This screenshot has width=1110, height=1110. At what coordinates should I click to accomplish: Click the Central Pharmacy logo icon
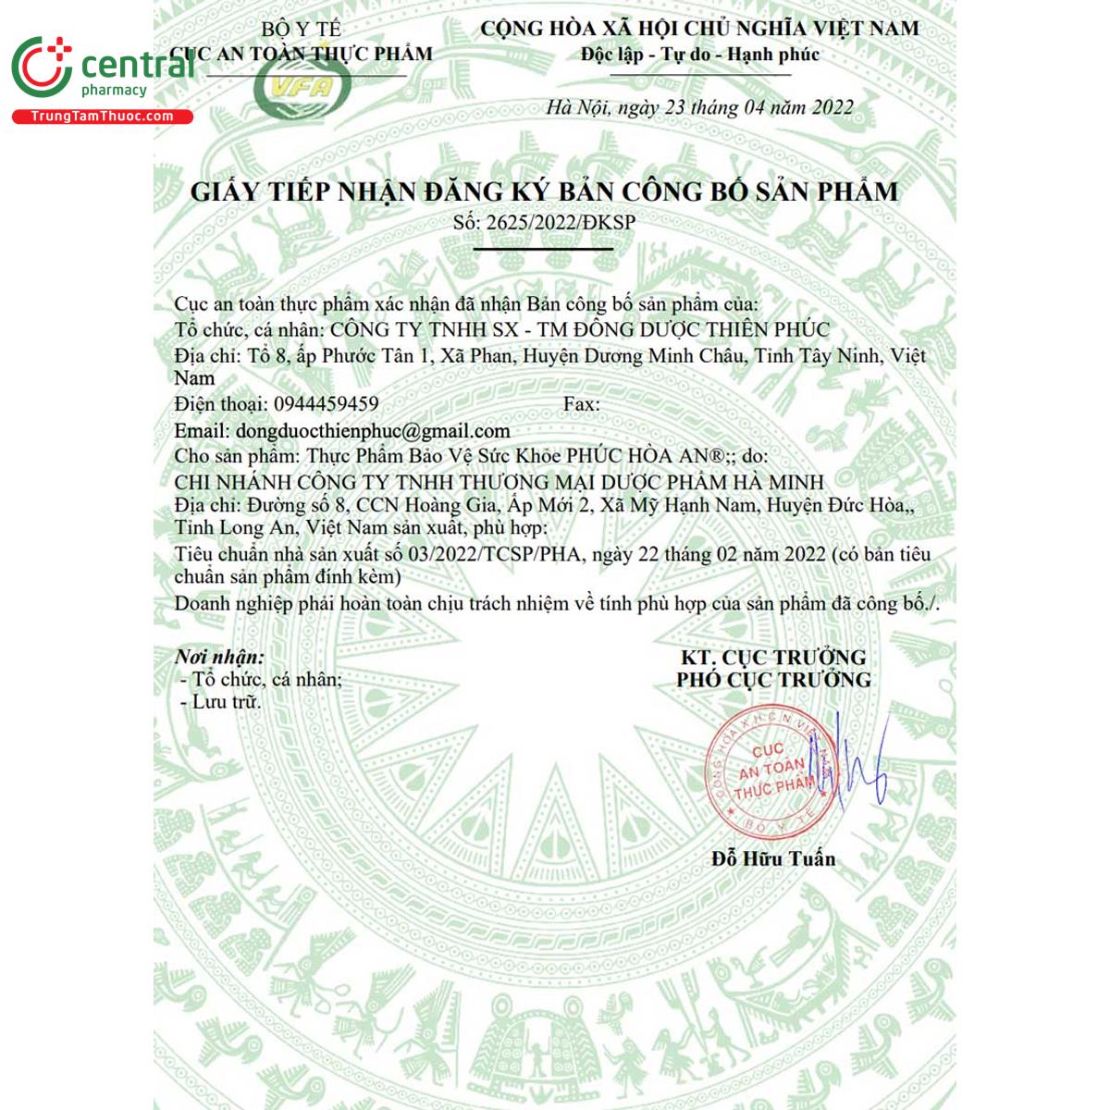42,67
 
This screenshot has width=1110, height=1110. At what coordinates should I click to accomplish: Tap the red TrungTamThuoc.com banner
102,117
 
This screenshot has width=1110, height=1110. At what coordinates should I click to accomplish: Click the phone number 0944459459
326,404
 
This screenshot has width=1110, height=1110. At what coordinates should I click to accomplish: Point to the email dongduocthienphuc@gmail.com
373,431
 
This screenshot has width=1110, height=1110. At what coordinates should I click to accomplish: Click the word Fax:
581,404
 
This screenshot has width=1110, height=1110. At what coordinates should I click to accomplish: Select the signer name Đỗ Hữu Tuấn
773,858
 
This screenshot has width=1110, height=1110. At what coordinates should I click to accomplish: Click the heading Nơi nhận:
219,657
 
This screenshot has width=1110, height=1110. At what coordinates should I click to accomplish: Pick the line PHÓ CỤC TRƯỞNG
773,680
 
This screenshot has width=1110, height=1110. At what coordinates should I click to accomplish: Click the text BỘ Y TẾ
301,30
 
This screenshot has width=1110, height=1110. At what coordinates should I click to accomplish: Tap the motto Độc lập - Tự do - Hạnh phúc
699,55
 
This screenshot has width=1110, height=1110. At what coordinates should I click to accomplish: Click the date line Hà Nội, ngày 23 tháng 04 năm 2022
699,107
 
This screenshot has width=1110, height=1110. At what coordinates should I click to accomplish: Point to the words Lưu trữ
227,702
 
